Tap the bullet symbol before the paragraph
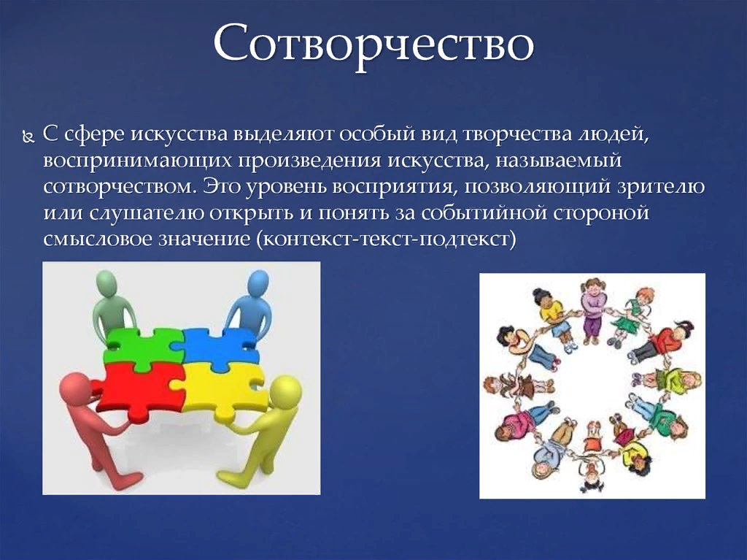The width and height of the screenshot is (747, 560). (x=28, y=138)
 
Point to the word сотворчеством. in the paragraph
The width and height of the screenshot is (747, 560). (x=120, y=185)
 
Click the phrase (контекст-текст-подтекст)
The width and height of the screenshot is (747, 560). (x=387, y=238)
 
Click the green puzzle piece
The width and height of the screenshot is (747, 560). (x=144, y=348)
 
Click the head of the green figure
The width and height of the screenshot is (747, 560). (x=107, y=284)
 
